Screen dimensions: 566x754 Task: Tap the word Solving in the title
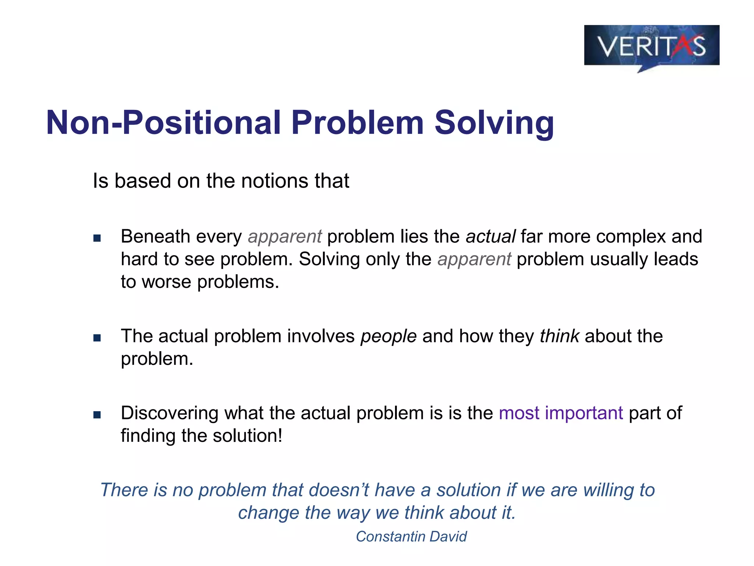[x=494, y=123]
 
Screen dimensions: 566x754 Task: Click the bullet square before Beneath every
[x=97, y=238]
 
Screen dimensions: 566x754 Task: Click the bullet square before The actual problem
[x=97, y=338]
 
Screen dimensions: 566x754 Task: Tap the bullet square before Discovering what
[x=97, y=415]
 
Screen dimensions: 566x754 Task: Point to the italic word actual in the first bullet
[x=490, y=237]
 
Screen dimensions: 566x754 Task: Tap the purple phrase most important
[x=561, y=413]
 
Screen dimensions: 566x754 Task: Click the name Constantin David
[x=411, y=537]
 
